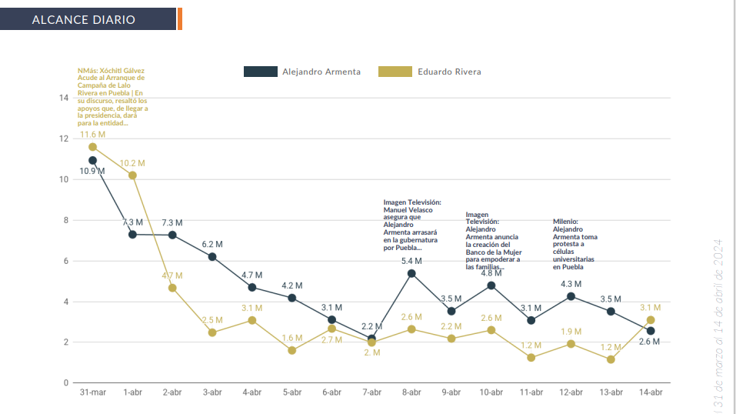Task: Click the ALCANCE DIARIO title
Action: pyautogui.click(x=84, y=19)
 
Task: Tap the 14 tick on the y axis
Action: pyautogui.click(x=64, y=98)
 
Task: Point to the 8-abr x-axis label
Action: pyautogui.click(x=411, y=392)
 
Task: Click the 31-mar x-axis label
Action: pyautogui.click(x=93, y=392)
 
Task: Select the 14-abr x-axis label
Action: pyautogui.click(x=651, y=392)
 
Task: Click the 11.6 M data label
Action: pyautogui.click(x=93, y=135)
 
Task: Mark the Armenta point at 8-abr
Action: pyautogui.click(x=411, y=273)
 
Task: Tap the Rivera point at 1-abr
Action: pyautogui.click(x=132, y=175)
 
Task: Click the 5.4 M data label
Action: pyautogui.click(x=411, y=262)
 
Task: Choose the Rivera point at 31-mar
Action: pyautogui.click(x=93, y=147)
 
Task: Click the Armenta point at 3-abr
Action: pyautogui.click(x=212, y=256)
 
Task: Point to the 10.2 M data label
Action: pyautogui.click(x=132, y=163)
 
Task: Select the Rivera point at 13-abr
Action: pyautogui.click(x=611, y=359)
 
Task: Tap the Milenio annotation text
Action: pyautogui.click(x=574, y=245)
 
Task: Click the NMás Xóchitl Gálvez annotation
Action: pyautogui.click(x=112, y=96)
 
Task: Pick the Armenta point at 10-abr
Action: pyautogui.click(x=491, y=285)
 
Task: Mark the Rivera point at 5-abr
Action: pyautogui.click(x=292, y=350)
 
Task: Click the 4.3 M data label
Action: pyautogui.click(x=571, y=284)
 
